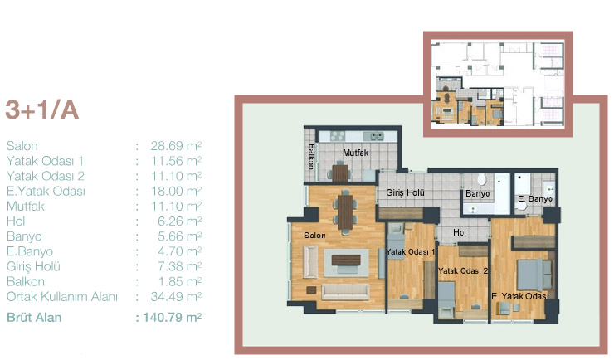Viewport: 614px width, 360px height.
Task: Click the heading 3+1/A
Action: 41,109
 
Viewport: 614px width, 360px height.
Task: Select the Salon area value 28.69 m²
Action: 176,146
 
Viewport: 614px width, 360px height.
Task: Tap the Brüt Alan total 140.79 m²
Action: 173,317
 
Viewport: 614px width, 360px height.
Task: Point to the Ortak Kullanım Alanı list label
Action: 62,297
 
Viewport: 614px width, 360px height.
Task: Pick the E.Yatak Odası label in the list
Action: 46,192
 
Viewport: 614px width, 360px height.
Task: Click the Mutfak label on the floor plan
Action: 356,153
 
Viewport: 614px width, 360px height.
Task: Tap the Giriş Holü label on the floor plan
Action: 405,192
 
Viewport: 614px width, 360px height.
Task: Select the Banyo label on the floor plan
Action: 478,194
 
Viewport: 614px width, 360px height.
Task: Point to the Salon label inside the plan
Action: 314,236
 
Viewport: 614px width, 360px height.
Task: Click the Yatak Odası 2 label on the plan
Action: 463,270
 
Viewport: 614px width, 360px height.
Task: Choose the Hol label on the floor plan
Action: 460,232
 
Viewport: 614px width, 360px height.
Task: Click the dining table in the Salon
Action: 345,212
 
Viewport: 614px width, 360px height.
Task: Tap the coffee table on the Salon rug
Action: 346,260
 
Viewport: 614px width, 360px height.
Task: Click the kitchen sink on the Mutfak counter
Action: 373,136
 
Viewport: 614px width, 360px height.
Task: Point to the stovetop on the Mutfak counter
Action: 338,136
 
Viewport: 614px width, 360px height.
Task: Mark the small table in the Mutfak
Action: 340,173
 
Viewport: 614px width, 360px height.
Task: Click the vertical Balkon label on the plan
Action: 311,157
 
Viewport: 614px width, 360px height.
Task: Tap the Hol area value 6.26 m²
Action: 180,221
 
